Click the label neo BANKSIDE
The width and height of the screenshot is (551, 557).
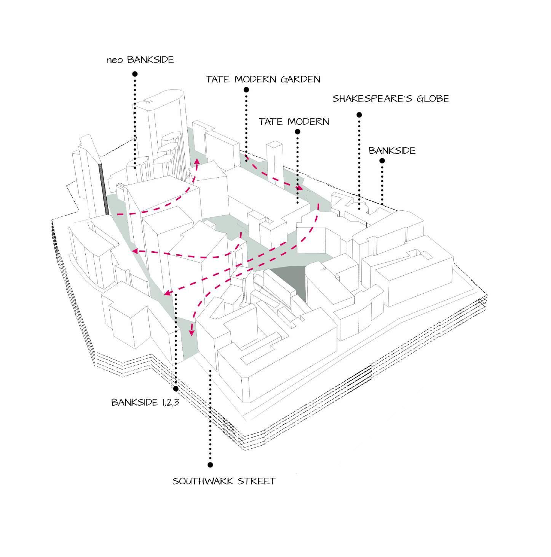coord(140,60)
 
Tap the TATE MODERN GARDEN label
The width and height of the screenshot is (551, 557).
coord(263,79)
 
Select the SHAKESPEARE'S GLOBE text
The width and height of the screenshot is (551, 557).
coord(390,99)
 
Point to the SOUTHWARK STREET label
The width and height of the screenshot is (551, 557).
coord(224,481)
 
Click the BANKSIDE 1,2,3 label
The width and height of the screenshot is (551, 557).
coord(145,402)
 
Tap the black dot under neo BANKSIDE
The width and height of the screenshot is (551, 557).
coord(135,74)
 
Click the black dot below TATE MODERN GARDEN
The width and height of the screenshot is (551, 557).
coord(246,90)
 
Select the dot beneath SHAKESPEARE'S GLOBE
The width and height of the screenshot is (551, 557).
coord(359,115)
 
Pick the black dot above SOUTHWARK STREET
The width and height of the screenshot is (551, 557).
coord(210,465)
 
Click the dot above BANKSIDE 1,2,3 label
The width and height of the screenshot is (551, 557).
coord(176,388)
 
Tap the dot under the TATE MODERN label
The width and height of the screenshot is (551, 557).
coord(297,132)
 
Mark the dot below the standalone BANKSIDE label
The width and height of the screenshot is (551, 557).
coord(382,161)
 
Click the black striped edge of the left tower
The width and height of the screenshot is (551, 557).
coord(103,187)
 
